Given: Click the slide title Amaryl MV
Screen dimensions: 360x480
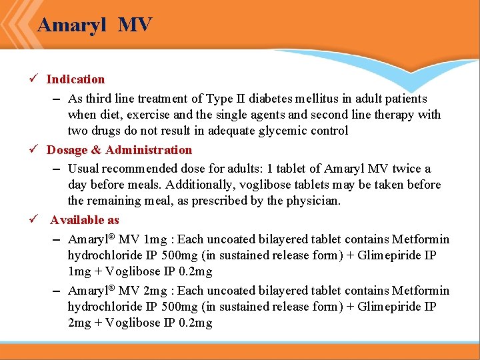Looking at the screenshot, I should (95, 25).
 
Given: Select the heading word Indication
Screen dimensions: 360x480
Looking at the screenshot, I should (75, 79).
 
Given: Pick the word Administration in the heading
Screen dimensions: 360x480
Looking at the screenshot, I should (148, 150).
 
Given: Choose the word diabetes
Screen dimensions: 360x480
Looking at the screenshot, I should (282, 99).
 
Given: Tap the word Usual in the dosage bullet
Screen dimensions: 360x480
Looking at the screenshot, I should (83, 169).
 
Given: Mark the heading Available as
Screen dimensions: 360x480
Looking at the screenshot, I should (84, 220).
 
